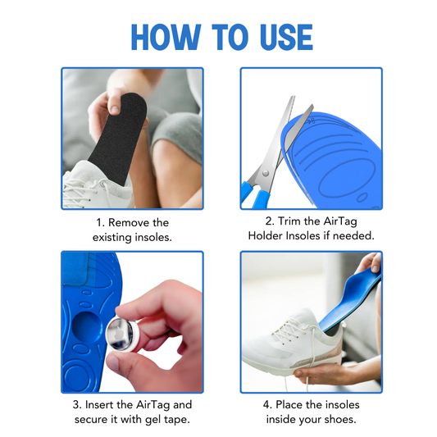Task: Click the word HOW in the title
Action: click(x=162, y=38)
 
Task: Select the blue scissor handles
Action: click(x=253, y=193)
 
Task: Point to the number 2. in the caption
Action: click(x=269, y=221)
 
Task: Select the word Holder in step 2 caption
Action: click(x=267, y=236)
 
